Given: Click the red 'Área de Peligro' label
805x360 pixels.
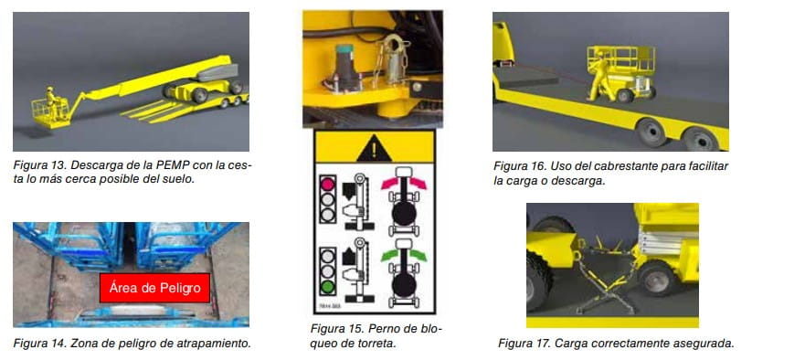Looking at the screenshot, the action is coord(154,288).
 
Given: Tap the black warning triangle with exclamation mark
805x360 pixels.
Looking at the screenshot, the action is coord(375,148).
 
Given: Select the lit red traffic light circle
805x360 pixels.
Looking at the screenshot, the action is coord(327,183).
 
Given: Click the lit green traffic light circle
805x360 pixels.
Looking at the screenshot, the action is coord(327,286).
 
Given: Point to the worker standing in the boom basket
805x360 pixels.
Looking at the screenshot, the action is coord(51,102).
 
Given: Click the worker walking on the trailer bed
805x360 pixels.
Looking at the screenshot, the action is coord(598,78).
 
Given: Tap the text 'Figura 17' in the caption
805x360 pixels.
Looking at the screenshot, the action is coord(524,343).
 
